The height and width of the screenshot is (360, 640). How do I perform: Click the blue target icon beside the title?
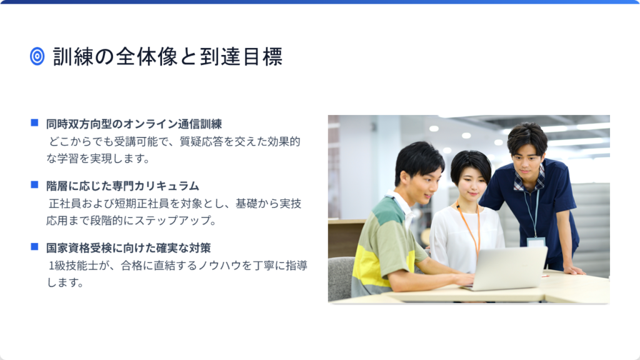pyautogui.click(x=37, y=56)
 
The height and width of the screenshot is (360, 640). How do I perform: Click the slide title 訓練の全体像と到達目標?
pyautogui.click(x=167, y=56)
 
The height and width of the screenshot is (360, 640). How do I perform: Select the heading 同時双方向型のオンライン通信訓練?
pyautogui.click(x=134, y=124)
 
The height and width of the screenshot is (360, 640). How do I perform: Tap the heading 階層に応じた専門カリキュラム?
pyautogui.click(x=122, y=186)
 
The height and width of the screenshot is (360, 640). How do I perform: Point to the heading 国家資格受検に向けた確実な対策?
pyautogui.click(x=128, y=248)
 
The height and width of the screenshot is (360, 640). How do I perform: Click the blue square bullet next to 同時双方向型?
pyautogui.click(x=35, y=122)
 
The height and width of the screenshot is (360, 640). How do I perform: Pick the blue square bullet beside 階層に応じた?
pyautogui.click(x=35, y=184)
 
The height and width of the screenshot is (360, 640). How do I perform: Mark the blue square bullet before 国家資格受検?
pyautogui.click(x=35, y=246)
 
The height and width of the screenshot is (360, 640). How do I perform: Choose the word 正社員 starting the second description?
pyautogui.click(x=65, y=204)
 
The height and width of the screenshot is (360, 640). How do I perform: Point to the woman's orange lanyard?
pyautogui.click(x=469, y=229)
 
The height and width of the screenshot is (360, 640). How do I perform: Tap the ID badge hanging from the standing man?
pyautogui.click(x=536, y=242)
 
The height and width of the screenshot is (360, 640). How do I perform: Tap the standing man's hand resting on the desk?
pyautogui.click(x=574, y=270)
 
